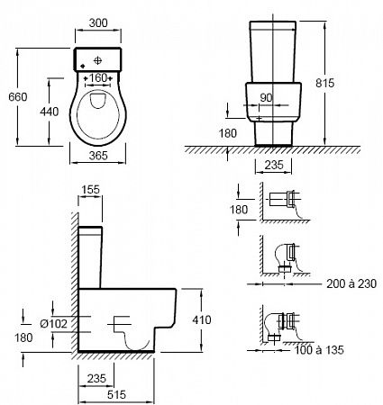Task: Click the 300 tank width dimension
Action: (x=98, y=22)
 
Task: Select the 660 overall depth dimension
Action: (x=18, y=97)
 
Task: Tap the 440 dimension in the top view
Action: (x=50, y=112)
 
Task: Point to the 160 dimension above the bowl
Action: (x=98, y=78)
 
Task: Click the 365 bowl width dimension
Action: (x=98, y=156)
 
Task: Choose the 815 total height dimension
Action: (x=324, y=83)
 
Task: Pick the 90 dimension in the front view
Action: (x=266, y=97)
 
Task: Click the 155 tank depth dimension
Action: (x=90, y=190)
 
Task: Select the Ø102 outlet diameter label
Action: (x=53, y=323)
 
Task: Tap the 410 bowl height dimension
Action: (x=202, y=319)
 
